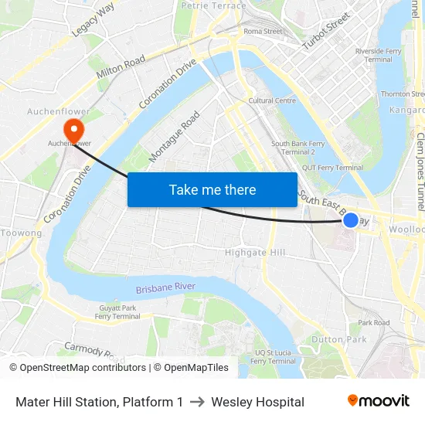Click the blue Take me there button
pyautogui.click(x=212, y=189)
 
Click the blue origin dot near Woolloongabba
pyautogui.click(x=350, y=220)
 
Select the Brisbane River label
pyautogui.click(x=165, y=288)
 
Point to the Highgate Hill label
pyautogui.click(x=255, y=253)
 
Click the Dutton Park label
pyautogui.click(x=339, y=338)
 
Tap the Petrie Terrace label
pyautogui.click(x=213, y=5)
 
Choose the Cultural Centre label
pyautogui.click(x=272, y=100)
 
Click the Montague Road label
pyautogui.click(x=175, y=136)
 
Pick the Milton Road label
pyautogui.click(x=121, y=66)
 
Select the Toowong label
pyautogui.click(x=21, y=233)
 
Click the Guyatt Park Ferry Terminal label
pyautogui.click(x=117, y=312)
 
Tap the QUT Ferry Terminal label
pyautogui.click(x=332, y=168)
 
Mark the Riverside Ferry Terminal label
pyautogui.click(x=379, y=55)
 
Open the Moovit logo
pyautogui.click(x=378, y=400)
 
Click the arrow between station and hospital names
pyautogui.click(x=197, y=402)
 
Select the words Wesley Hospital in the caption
pyautogui.click(x=257, y=402)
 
